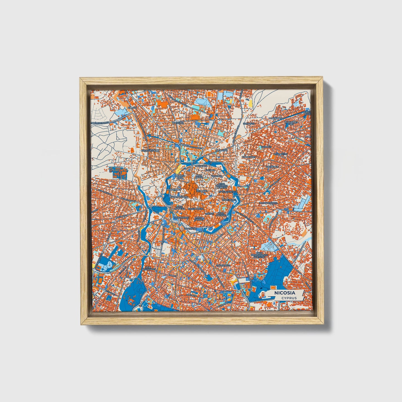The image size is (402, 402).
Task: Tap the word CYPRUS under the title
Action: [x=288, y=298]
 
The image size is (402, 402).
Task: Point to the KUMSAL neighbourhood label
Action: [x=132, y=107]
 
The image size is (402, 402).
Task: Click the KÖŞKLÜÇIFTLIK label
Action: [x=150, y=150]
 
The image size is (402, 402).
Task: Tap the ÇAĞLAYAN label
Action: [x=222, y=150]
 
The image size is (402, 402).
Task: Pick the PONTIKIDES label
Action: [x=275, y=118]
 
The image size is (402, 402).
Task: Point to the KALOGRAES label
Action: [x=248, y=157]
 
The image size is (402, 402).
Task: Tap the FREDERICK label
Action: [x=272, y=167]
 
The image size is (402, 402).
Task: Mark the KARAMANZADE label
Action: [x=178, y=196]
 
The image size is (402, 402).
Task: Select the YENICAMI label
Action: [x=217, y=176]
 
